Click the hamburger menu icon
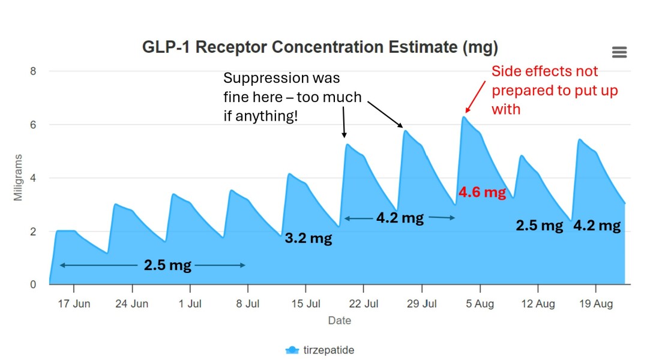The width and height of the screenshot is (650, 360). click(619, 52)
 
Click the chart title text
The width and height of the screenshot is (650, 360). click(320, 47)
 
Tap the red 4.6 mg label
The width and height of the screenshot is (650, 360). click(482, 193)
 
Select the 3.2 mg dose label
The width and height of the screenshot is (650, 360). click(308, 238)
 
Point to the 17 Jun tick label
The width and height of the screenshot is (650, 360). click(74, 304)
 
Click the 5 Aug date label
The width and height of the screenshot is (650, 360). click(480, 304)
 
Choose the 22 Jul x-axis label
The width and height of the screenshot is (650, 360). click(364, 304)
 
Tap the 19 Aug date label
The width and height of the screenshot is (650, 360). click(595, 304)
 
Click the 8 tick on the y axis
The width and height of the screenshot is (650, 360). click(33, 71)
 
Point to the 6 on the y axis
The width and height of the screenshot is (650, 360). click(33, 125)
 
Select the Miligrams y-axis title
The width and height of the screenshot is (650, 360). click(19, 178)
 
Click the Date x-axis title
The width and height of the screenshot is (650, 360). click(339, 321)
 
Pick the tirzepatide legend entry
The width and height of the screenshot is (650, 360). click(319, 350)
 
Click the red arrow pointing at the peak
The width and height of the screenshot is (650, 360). click(476, 96)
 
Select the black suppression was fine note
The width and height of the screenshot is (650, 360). click(292, 97)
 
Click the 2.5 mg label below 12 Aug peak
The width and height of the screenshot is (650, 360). click(540, 226)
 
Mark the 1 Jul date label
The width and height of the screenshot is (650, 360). click(190, 304)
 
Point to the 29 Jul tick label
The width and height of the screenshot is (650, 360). click(421, 304)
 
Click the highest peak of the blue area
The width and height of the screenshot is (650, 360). click(463, 118)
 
